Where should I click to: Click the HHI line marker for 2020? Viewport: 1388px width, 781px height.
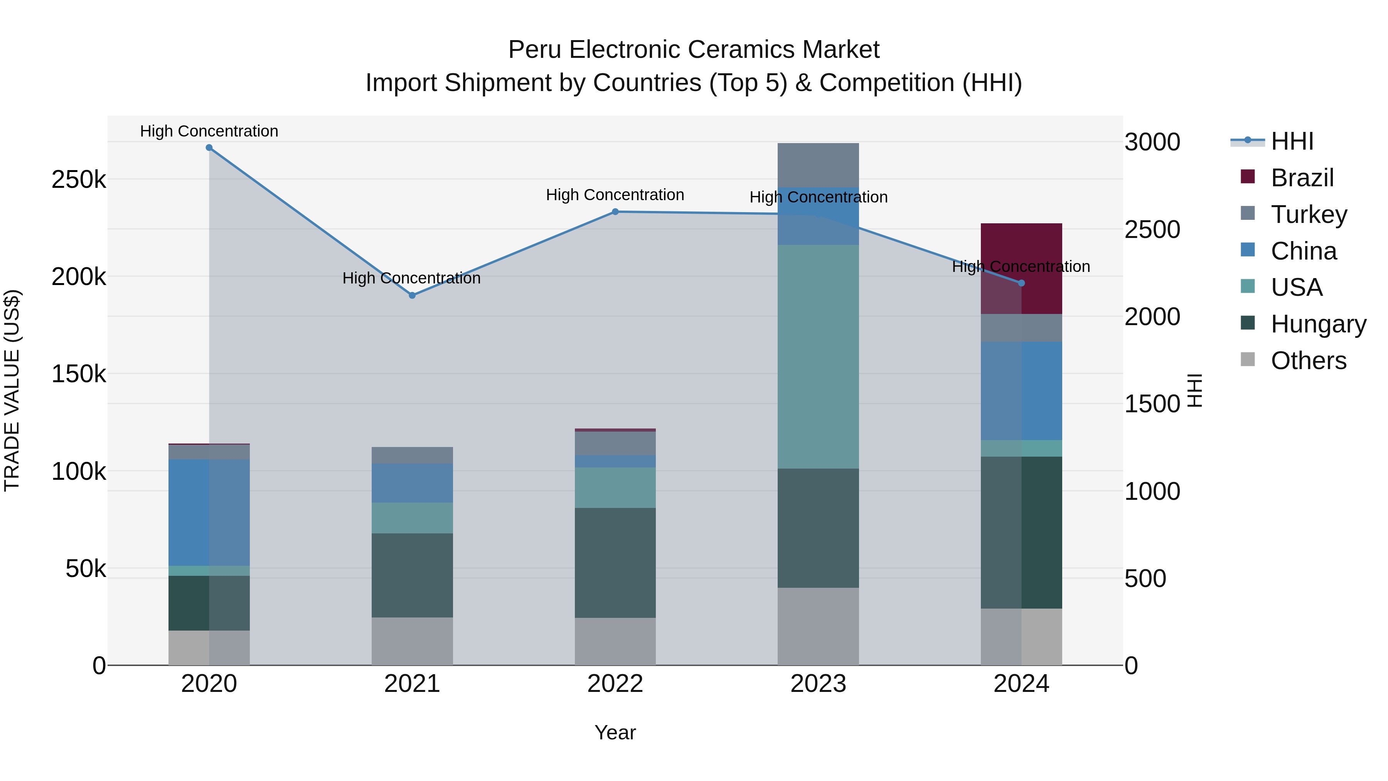click(x=209, y=148)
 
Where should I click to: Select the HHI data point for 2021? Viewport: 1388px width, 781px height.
click(x=412, y=295)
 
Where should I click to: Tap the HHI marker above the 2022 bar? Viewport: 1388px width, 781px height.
click(x=615, y=212)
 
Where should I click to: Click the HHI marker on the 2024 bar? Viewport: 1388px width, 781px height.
click(x=1021, y=283)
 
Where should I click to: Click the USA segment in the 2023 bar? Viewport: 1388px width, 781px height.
click(x=818, y=357)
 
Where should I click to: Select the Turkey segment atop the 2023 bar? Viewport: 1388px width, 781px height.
click(x=818, y=165)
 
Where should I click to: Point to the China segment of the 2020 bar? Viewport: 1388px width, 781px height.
click(x=209, y=512)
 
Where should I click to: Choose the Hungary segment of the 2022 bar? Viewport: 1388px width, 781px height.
click(x=615, y=563)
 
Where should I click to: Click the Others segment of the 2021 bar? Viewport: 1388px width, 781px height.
click(x=412, y=641)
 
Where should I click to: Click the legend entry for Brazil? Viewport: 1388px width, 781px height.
click(x=1302, y=178)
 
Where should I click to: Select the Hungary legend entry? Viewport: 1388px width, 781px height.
click(x=1318, y=324)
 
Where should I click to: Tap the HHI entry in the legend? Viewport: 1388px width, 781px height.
click(x=1292, y=141)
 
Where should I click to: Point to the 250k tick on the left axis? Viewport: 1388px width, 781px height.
click(x=79, y=179)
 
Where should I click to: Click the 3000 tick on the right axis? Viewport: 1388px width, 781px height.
click(x=1152, y=142)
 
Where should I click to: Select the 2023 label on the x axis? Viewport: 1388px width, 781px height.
click(x=818, y=684)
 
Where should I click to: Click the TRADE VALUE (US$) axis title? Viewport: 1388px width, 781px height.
click(x=12, y=390)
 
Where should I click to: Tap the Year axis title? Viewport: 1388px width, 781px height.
click(x=615, y=732)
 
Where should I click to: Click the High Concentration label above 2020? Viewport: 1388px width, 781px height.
click(x=209, y=131)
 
